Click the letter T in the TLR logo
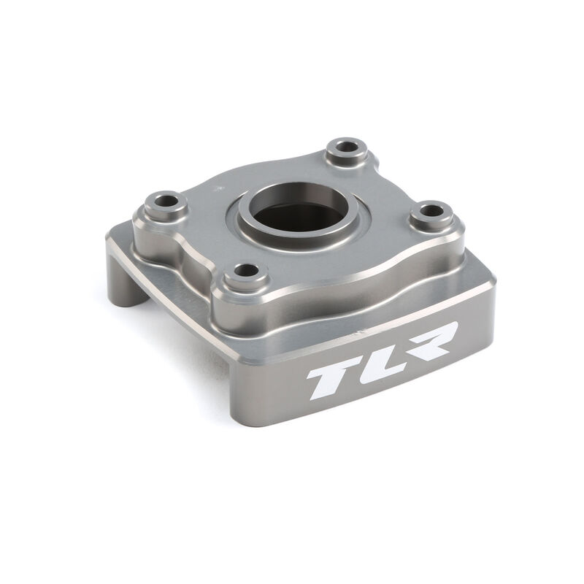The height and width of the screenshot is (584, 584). (331, 376)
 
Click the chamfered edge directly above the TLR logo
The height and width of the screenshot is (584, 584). (380, 321)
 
